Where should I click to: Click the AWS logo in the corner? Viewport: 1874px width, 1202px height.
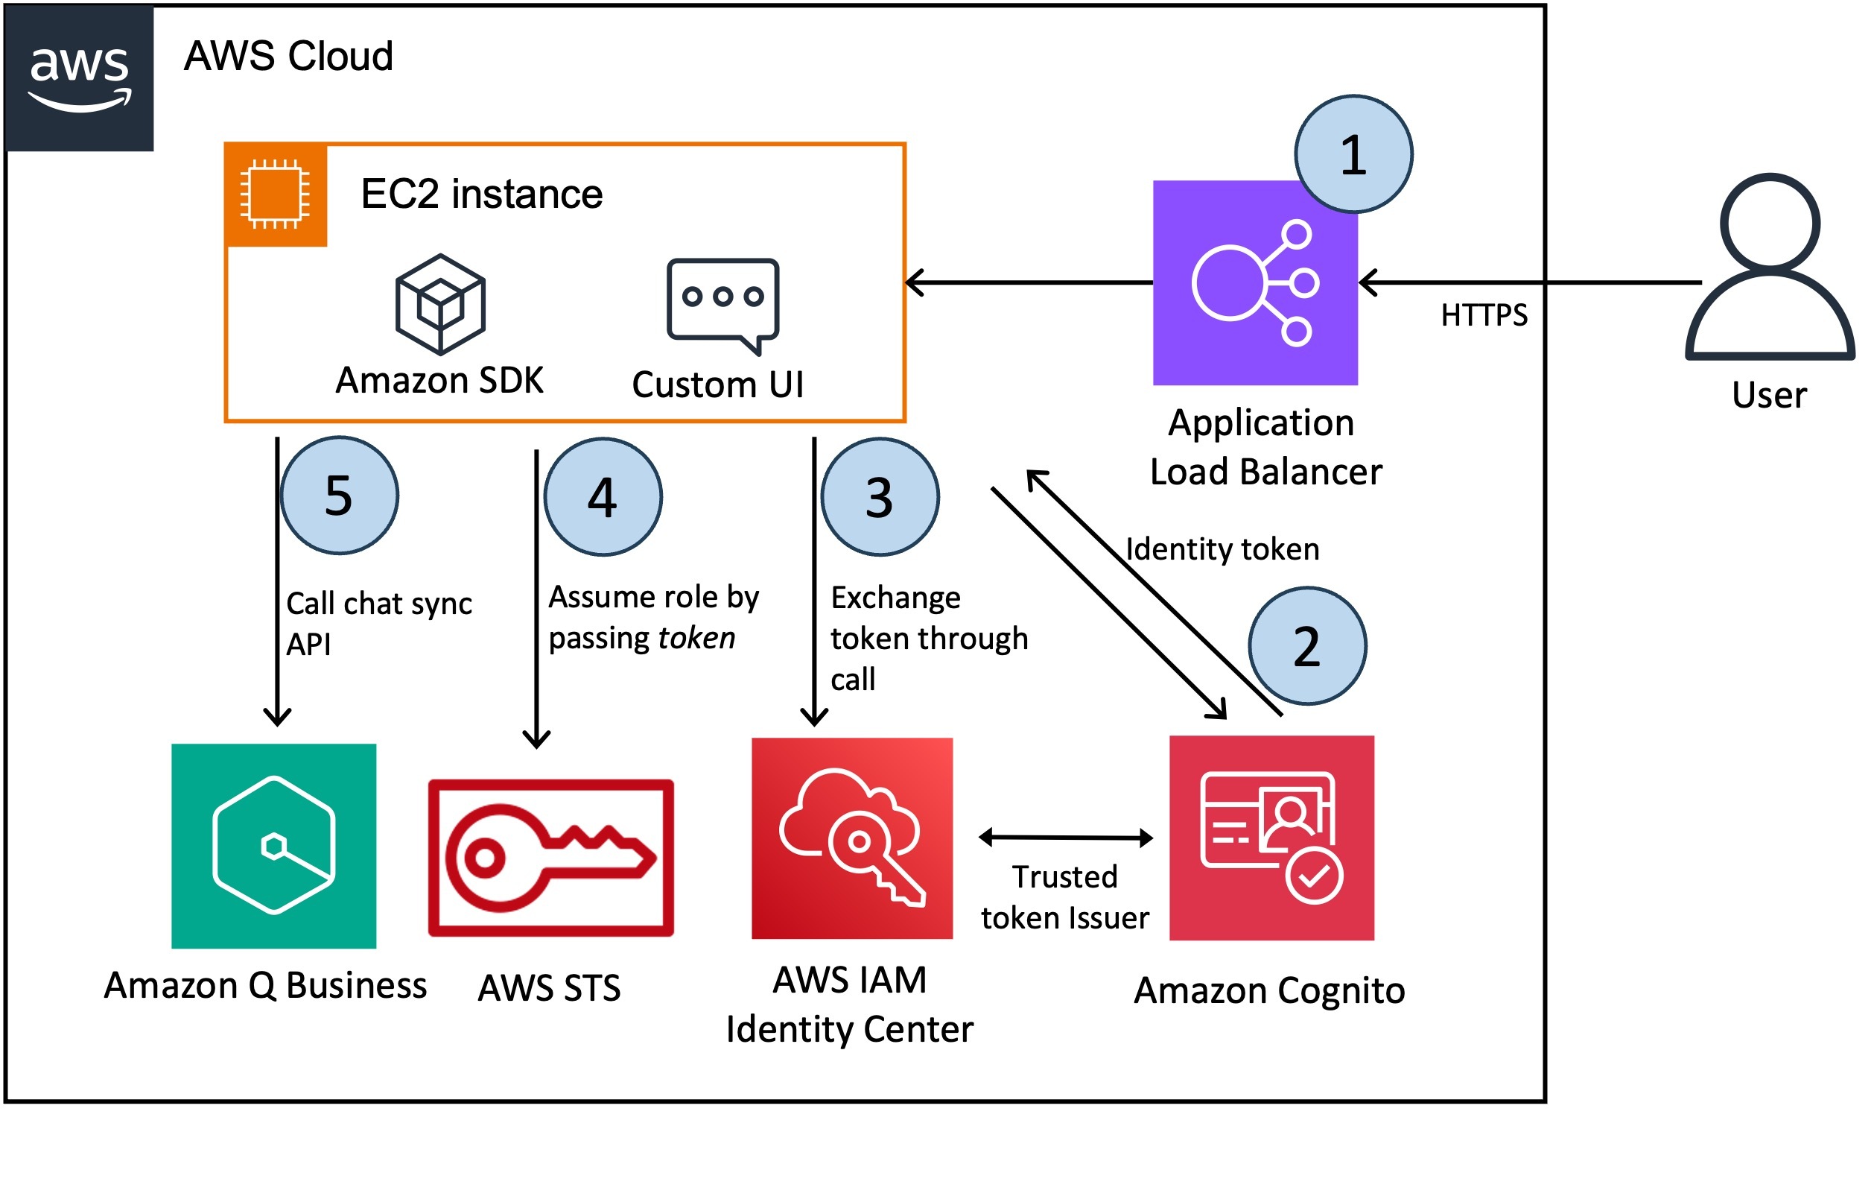pyautogui.click(x=80, y=78)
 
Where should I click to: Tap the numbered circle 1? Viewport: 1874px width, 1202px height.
pyautogui.click(x=1353, y=154)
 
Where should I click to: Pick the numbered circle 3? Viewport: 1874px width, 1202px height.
pyautogui.click(x=880, y=497)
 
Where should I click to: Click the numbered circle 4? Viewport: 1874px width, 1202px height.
pyautogui.click(x=603, y=497)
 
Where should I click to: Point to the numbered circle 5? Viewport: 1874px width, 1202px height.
pyautogui.click(x=340, y=496)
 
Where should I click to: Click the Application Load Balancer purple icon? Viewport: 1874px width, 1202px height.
pyautogui.click(x=1255, y=282)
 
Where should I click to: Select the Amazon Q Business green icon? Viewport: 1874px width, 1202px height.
pyautogui.click(x=274, y=846)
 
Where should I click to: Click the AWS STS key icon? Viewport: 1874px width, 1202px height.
pyautogui.click(x=551, y=857)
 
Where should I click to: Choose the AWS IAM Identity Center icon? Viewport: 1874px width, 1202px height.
pyautogui.click(x=852, y=838)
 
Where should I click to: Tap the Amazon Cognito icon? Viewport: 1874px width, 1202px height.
pyautogui.click(x=1271, y=838)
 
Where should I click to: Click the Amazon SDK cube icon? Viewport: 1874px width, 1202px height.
pyautogui.click(x=441, y=304)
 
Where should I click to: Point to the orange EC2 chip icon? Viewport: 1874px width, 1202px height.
pyautogui.click(x=276, y=194)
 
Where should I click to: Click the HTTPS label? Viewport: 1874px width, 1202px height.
pyautogui.click(x=1484, y=315)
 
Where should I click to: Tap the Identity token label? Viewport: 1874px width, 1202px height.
pyautogui.click(x=1222, y=549)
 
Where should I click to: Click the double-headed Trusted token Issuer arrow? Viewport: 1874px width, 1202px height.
pyautogui.click(x=1066, y=838)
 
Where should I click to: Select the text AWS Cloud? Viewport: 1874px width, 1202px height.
pyautogui.click(x=289, y=56)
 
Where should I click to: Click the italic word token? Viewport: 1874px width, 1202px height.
pyautogui.click(x=696, y=639)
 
